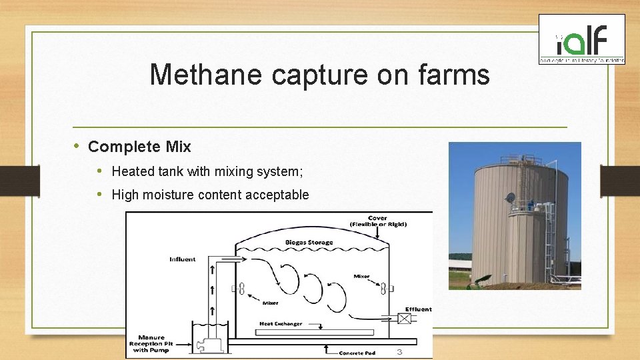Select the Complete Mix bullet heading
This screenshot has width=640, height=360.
139,147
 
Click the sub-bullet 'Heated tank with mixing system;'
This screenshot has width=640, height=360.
207,171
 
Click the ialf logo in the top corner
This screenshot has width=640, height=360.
581,40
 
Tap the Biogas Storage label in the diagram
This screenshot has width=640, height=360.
309,242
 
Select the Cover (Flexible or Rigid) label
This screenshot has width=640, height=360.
378,221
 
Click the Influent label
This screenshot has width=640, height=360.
183,259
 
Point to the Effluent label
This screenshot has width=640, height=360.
418,309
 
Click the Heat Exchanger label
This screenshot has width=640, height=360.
281,324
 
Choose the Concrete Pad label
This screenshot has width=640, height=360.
360,352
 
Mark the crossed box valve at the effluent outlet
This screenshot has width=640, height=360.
404,319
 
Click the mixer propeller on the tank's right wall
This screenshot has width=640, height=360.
384,289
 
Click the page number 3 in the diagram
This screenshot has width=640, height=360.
399,351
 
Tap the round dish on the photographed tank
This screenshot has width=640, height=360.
511,198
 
